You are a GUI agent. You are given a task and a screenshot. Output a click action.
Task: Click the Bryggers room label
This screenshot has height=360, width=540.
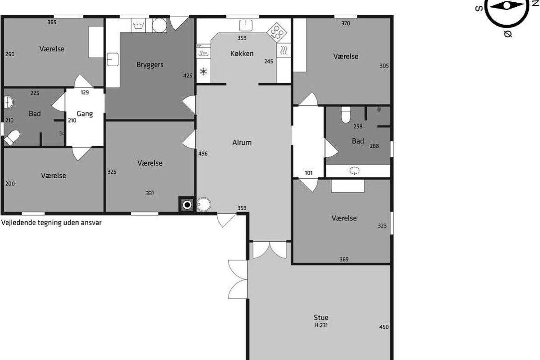pos(150,65)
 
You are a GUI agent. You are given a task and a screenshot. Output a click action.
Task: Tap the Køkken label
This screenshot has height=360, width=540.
pos(242,54)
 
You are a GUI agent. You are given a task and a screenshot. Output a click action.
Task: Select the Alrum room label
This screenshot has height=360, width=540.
pos(242,143)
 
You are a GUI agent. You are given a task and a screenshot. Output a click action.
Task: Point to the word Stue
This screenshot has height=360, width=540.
pos(321,317)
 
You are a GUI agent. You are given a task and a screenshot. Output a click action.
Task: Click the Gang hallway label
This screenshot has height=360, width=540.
pos(85,114)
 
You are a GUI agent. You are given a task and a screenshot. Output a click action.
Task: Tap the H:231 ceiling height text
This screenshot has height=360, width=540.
pos(321,325)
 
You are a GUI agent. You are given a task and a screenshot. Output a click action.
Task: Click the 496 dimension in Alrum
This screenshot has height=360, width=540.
pos(203,153)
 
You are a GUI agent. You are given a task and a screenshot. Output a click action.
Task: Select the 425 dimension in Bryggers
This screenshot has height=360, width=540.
pos(188,76)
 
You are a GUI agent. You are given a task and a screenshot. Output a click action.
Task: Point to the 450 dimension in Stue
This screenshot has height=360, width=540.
pos(384,327)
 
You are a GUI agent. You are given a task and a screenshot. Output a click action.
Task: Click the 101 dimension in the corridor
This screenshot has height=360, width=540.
pos(309,173)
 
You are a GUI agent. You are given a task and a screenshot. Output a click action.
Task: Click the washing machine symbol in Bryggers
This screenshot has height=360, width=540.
pos(139,25)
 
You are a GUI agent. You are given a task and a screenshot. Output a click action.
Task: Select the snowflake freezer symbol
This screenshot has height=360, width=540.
pos(203,72)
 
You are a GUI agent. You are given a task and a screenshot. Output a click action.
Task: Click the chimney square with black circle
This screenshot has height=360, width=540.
pos(187,205)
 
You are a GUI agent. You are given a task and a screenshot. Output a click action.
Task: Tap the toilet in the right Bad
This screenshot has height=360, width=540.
pos(346,115)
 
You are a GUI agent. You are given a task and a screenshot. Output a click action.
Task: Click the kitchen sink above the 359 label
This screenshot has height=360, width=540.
pos(246,26)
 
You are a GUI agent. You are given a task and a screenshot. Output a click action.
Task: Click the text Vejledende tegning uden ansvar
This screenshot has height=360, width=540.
pos(51,223)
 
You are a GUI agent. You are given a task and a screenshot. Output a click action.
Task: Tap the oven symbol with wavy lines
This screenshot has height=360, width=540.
pos(283,51)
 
